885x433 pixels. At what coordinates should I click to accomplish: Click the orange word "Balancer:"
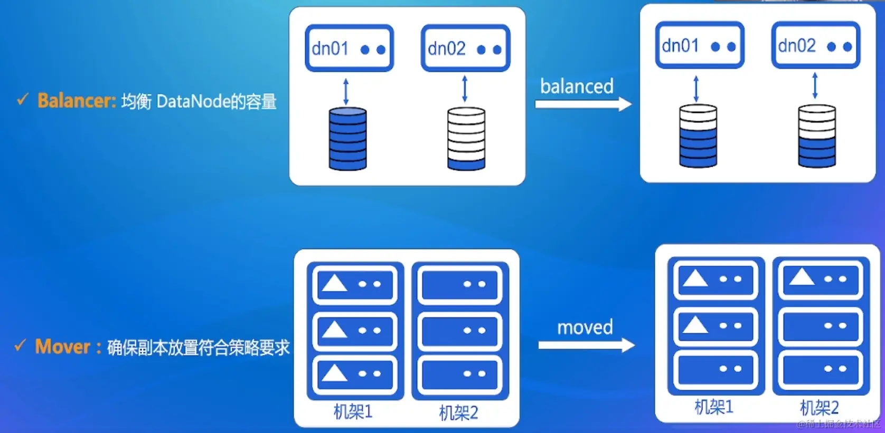coord(77,100)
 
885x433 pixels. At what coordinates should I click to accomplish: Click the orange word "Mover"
coord(63,347)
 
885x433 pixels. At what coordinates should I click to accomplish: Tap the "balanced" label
coord(577,86)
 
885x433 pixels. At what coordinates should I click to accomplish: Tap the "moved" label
coord(585,328)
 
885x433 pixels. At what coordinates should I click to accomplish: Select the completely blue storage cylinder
coord(347,139)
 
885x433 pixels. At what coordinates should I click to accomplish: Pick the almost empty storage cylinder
coord(466,139)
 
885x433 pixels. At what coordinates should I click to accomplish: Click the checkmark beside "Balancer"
coord(22,99)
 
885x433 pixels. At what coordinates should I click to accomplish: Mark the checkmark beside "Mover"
coord(20,345)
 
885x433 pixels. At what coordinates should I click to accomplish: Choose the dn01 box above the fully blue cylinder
coord(349,49)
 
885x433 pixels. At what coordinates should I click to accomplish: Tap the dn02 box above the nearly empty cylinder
coord(465,49)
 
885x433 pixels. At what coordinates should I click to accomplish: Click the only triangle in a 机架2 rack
coord(802,277)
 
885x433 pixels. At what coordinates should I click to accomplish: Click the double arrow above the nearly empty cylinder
coord(465,89)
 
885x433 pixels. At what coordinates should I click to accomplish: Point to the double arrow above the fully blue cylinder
coord(346,91)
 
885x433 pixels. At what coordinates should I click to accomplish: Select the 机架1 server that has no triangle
coord(715,369)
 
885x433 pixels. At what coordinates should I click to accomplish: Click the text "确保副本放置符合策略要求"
coord(199,348)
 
